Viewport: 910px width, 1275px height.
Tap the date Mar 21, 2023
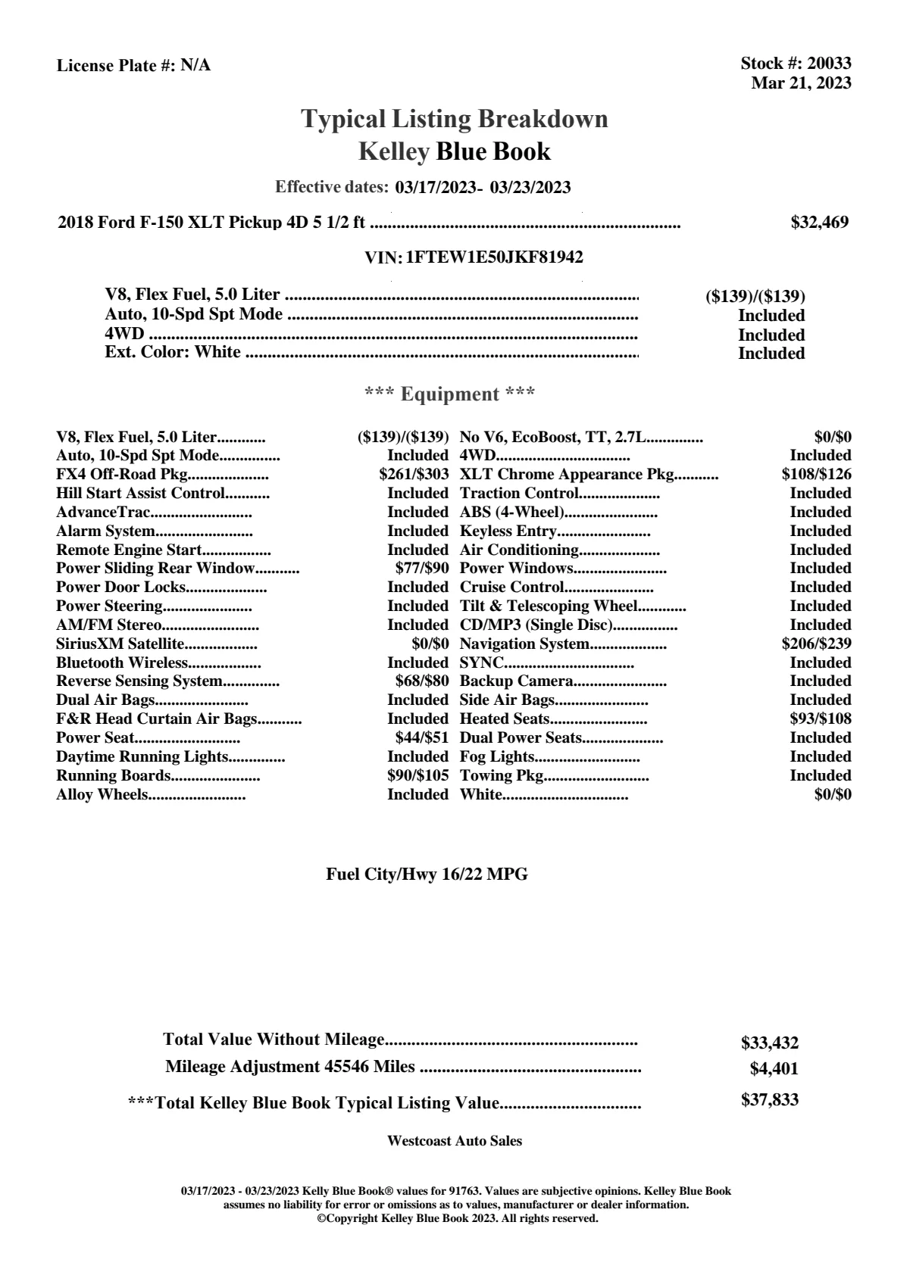pos(801,83)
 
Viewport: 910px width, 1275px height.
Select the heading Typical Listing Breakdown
pos(455,119)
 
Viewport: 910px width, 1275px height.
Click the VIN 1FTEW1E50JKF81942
pos(494,257)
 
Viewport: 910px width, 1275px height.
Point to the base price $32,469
pos(819,222)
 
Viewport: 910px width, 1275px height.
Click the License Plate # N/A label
pos(133,65)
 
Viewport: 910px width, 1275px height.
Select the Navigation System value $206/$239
pos(816,644)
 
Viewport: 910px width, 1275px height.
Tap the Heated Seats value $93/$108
pos(820,719)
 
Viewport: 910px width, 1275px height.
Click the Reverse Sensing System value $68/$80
pos(422,681)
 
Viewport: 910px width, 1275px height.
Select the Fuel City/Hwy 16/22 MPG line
pos(427,874)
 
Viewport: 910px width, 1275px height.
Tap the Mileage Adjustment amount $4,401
pos(774,1069)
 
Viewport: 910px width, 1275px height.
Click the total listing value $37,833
pos(769,1100)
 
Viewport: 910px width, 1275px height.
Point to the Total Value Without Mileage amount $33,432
pos(769,1043)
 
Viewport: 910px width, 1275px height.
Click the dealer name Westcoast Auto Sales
pos(454,1140)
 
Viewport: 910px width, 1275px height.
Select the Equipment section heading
pos(450,394)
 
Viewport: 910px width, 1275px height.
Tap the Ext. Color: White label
pos(173,352)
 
